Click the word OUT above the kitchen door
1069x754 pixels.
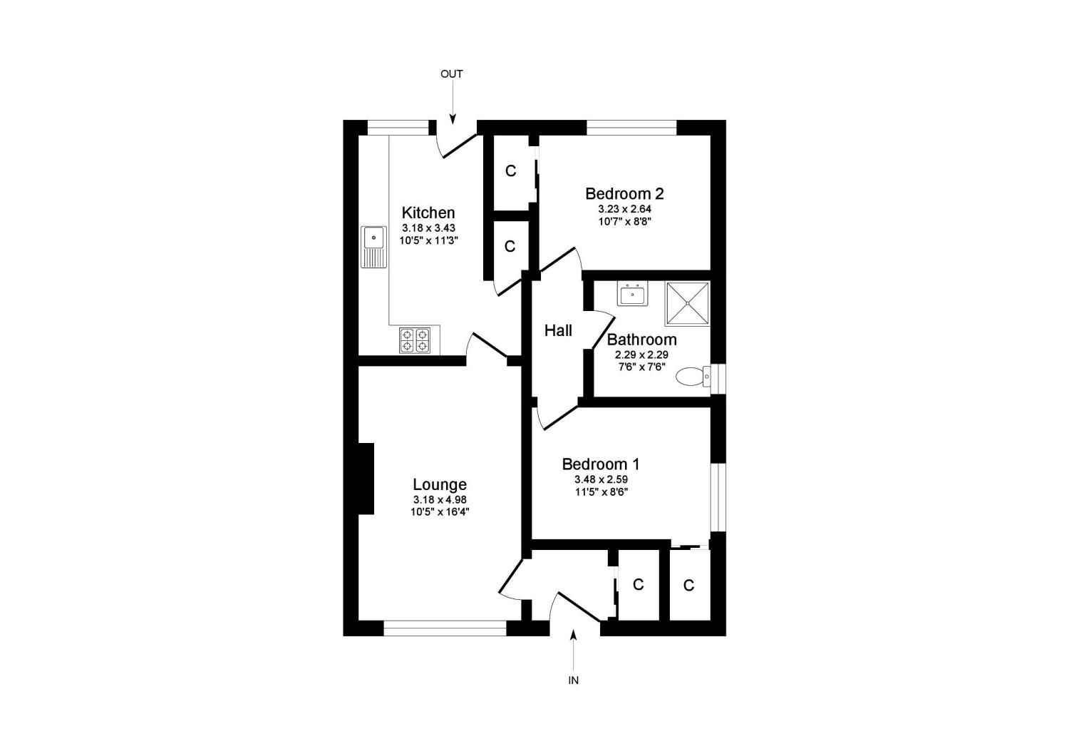pos(451,74)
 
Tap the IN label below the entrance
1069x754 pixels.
pos(573,681)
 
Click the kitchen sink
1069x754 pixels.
pos(373,246)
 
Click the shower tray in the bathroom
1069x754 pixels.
pos(688,304)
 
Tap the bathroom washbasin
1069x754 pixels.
pos(632,294)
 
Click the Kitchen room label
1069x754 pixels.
pos(428,213)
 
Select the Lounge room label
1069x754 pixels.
pos(440,485)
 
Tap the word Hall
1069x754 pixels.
pos(558,330)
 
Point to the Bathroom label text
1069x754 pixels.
pos(641,340)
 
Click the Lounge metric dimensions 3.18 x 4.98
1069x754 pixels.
pos(440,500)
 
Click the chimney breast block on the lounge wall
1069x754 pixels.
pos(366,478)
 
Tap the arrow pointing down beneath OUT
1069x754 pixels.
pos(452,108)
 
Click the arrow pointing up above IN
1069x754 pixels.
pos(573,646)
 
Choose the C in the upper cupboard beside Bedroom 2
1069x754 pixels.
pos(510,171)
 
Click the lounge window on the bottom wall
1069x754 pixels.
pos(445,628)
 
